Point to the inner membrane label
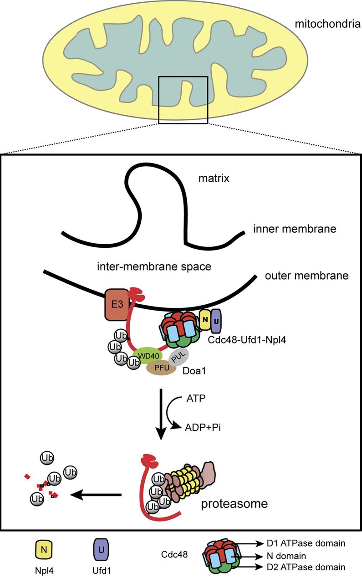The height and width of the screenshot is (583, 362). [x=295, y=229]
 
